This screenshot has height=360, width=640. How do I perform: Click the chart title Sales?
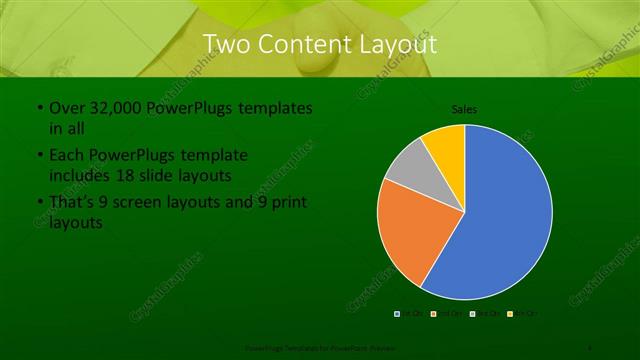465,108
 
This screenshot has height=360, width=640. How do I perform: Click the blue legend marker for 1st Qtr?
397,313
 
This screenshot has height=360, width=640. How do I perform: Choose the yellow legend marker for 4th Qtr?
509,313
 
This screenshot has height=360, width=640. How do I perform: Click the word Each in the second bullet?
66,156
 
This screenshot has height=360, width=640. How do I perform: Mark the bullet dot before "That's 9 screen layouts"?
39,204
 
